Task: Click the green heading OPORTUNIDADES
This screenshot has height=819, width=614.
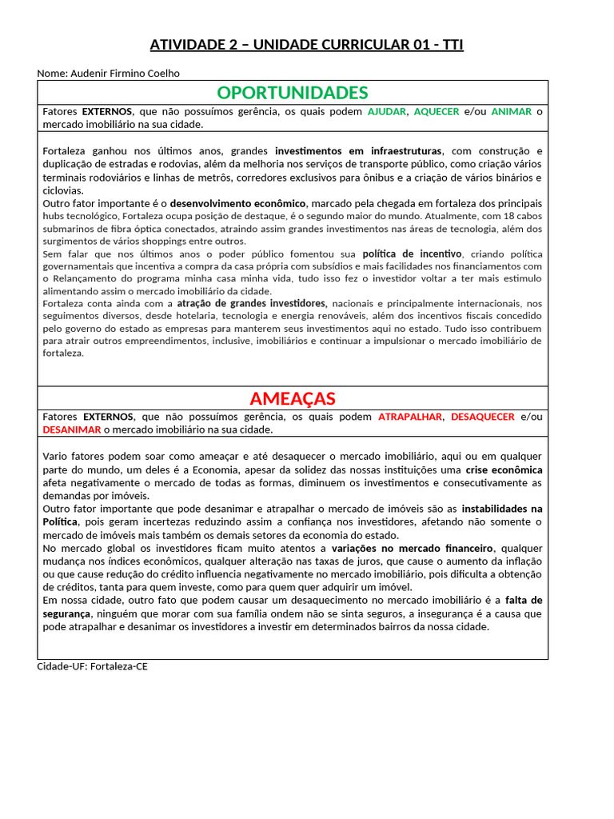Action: click(293, 92)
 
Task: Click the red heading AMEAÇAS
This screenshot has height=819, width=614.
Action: click(293, 398)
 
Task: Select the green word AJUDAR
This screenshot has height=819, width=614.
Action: click(386, 112)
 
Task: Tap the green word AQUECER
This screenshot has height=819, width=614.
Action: click(437, 112)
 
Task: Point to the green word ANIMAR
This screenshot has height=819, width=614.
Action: click(511, 112)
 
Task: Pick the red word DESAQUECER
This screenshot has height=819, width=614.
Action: click(483, 417)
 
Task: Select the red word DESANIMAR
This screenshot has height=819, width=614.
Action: click(72, 429)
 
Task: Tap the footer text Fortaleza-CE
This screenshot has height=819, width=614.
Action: click(119, 666)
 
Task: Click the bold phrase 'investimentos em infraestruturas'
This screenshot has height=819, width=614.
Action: click(358, 151)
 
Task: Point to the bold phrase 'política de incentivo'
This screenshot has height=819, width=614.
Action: click(412, 254)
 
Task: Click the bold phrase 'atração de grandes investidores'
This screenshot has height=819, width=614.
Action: click(252, 303)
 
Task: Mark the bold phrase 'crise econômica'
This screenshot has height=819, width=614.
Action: click(504, 469)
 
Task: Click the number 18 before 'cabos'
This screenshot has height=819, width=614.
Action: click(513, 216)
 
